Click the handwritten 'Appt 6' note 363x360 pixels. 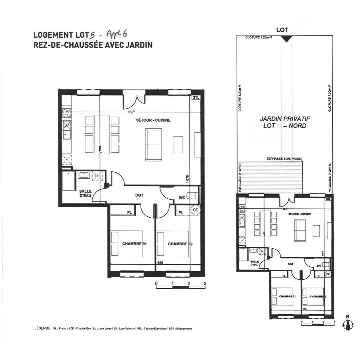(117, 34)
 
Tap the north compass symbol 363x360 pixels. (348, 323)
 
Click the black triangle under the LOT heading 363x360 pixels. (285, 39)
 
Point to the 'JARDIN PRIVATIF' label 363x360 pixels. (285, 119)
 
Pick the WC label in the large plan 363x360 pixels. (182, 198)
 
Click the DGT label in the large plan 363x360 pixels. (139, 195)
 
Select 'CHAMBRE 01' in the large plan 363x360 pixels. (134, 244)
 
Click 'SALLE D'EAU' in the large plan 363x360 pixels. (85, 193)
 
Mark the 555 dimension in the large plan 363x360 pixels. (160, 263)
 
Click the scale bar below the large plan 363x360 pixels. (180, 287)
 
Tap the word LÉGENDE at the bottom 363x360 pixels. (42, 328)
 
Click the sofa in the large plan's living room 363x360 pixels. (153, 145)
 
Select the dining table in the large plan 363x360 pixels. (102, 134)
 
